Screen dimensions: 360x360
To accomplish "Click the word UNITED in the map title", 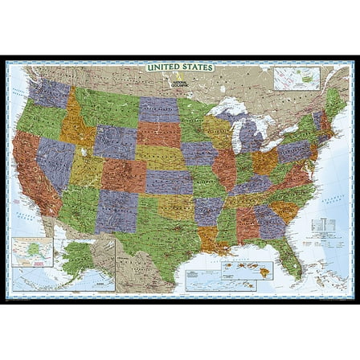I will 164,67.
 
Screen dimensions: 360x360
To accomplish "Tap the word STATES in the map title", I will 197,67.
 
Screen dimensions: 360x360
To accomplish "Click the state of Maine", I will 335,100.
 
